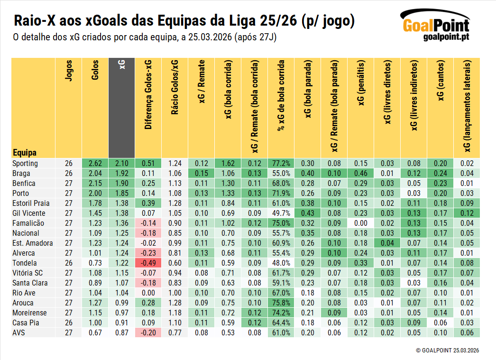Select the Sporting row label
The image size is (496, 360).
(25, 163)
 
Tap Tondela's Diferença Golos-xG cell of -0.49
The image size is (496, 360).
(148, 263)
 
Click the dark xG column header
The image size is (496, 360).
(121, 108)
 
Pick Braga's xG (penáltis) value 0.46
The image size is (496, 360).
(360, 173)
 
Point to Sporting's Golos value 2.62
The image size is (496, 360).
(95, 163)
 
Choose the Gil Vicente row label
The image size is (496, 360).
(28, 213)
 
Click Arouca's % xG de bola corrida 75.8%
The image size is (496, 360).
(281, 303)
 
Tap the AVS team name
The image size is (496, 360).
(19, 332)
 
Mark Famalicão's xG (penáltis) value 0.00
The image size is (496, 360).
(360, 223)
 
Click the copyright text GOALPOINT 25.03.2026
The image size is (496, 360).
(448, 350)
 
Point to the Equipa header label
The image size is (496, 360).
(25, 152)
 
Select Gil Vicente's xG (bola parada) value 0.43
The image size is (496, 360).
(307, 213)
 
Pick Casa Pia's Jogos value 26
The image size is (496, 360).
(68, 323)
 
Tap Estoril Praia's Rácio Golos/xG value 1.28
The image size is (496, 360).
(175, 203)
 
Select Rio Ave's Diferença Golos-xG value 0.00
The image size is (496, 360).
(148, 293)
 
